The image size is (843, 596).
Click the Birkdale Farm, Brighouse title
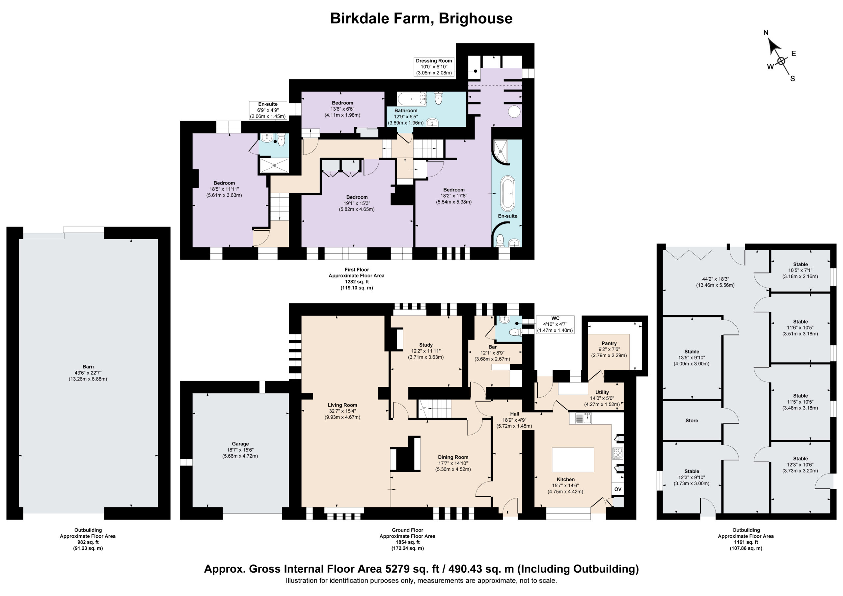pyautogui.click(x=421, y=18)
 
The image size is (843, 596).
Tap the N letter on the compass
pyautogui.click(x=766, y=33)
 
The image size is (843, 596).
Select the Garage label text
pyautogui.click(x=240, y=444)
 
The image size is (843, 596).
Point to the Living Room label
pyautogui.click(x=342, y=405)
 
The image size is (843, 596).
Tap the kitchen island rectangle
pyautogui.click(x=573, y=460)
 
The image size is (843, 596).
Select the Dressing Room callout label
pyautogui.click(x=434, y=67)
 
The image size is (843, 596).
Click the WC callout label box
pyautogui.click(x=555, y=325)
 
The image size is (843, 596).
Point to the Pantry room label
pyautogui.click(x=609, y=343)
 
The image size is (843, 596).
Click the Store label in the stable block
pyautogui.click(x=692, y=420)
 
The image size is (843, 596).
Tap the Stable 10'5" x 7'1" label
pyautogui.click(x=801, y=270)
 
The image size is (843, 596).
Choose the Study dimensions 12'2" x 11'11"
pyautogui.click(x=426, y=351)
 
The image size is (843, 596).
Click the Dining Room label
pyautogui.click(x=453, y=457)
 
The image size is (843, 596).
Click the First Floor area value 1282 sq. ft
pyautogui.click(x=357, y=282)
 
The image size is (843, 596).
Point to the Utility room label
pyautogui.click(x=602, y=392)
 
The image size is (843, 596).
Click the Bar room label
pyautogui.click(x=492, y=347)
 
